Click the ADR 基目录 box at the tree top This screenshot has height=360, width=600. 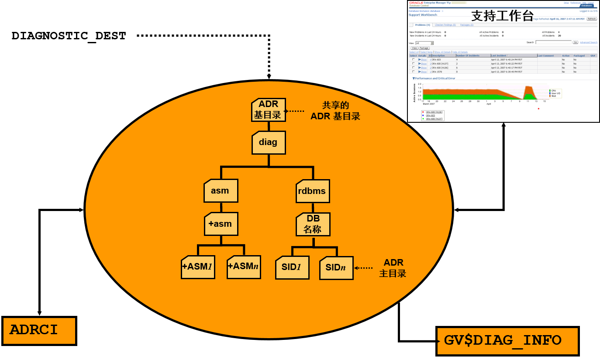pos(269,110)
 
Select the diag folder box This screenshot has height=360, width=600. pos(269,142)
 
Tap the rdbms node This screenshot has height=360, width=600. pos(313,191)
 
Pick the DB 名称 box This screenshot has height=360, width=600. pos(313,224)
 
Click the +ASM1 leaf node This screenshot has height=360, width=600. pos(198,267)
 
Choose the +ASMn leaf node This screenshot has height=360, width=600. pos(244,267)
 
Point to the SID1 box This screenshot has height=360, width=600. pos(292,268)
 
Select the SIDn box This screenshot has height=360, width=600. pos(336,268)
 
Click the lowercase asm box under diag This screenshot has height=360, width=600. pos(221,190)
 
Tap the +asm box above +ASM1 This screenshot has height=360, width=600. pos(221,224)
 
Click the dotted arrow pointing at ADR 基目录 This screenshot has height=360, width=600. pos(294,111)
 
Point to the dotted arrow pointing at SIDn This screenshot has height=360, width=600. pos(363,268)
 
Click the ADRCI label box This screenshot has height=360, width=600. pos(39,331)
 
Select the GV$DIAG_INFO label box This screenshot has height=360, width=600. pos(507,341)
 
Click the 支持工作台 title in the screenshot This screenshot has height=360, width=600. pos(503,16)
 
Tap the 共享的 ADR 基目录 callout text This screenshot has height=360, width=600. pos(335,111)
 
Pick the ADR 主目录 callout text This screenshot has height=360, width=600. pos(393,268)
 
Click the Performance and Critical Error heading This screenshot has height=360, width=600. pos(434,78)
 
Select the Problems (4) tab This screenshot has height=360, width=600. pos(422,25)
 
